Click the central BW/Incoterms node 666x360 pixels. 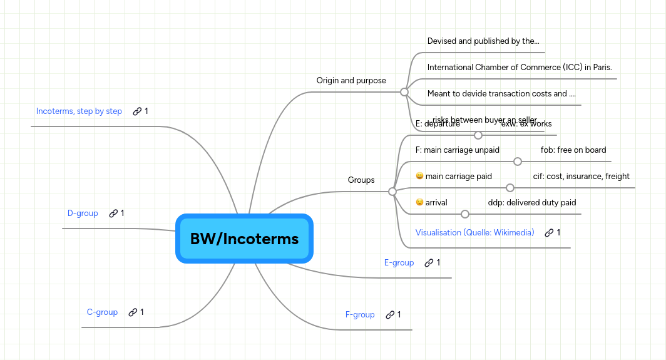[244, 239]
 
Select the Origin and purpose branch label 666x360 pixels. [351, 80]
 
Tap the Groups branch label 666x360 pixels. [361, 180]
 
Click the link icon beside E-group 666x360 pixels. [429, 263]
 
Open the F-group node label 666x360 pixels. [360, 314]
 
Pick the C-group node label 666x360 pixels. [102, 312]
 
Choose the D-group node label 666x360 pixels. [83, 213]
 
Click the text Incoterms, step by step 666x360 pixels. [79, 111]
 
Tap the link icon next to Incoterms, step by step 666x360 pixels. [137, 111]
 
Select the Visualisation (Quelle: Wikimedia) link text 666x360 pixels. [474, 232]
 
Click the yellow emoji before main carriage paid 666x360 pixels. [419, 177]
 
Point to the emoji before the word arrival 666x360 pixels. [419, 203]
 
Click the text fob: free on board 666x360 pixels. [573, 150]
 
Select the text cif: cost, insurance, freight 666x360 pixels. [581, 176]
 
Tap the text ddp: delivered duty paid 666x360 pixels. [532, 202]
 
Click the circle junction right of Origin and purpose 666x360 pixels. [404, 92]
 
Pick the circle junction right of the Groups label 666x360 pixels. [392, 192]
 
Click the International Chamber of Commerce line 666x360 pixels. [520, 67]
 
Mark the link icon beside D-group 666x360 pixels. [113, 213]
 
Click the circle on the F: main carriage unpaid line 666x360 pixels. [518, 162]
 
